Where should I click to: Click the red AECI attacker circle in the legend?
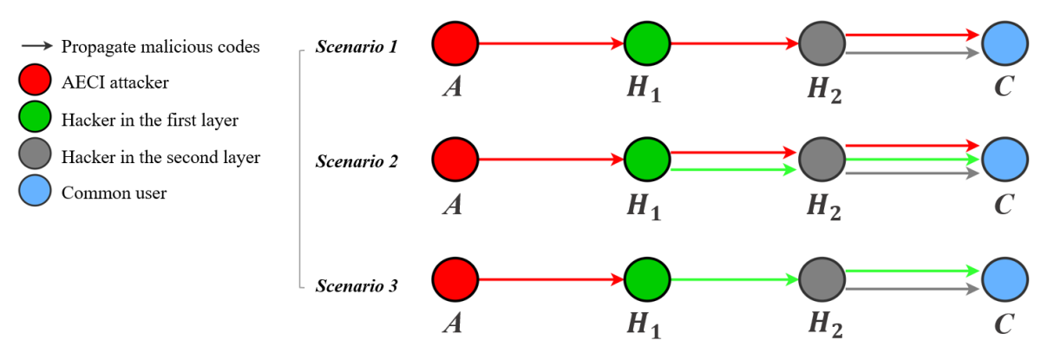pyautogui.click(x=34, y=82)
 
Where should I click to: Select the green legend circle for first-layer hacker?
pyautogui.click(x=34, y=119)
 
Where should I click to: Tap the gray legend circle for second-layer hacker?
pyautogui.click(x=34, y=156)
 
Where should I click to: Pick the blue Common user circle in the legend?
pyautogui.click(x=34, y=193)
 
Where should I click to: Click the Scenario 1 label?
pyautogui.click(x=357, y=46)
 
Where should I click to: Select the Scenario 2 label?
pyautogui.click(x=357, y=161)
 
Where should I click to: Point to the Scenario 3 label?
pyautogui.click(x=357, y=284)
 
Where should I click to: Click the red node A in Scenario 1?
pyautogui.click(x=455, y=42)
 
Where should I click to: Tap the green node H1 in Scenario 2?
pyautogui.click(x=647, y=160)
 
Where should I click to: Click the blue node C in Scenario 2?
pyautogui.click(x=1005, y=160)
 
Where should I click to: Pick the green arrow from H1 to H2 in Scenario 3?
pyautogui.click(x=734, y=279)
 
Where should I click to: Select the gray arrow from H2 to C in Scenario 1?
pyautogui.click(x=911, y=54)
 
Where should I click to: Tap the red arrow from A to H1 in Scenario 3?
pyautogui.click(x=551, y=279)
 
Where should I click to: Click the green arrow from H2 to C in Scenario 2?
pyautogui.click(x=911, y=160)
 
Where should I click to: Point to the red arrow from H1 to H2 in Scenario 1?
pyautogui.click(x=734, y=42)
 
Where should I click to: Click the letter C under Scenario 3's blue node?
pyautogui.click(x=1005, y=324)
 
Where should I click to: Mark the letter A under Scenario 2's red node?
pyautogui.click(x=452, y=206)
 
